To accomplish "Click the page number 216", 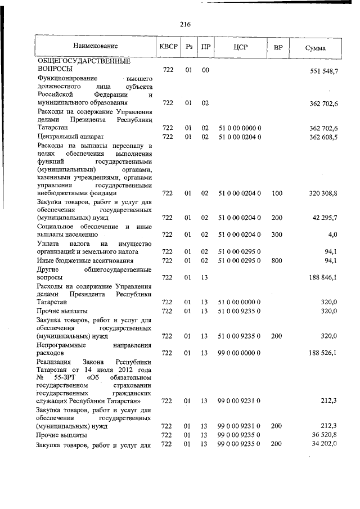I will [x=186, y=24].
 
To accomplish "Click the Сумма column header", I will [x=315, y=47].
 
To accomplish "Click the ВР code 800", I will [x=277, y=260].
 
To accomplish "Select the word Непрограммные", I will [x=64, y=344].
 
